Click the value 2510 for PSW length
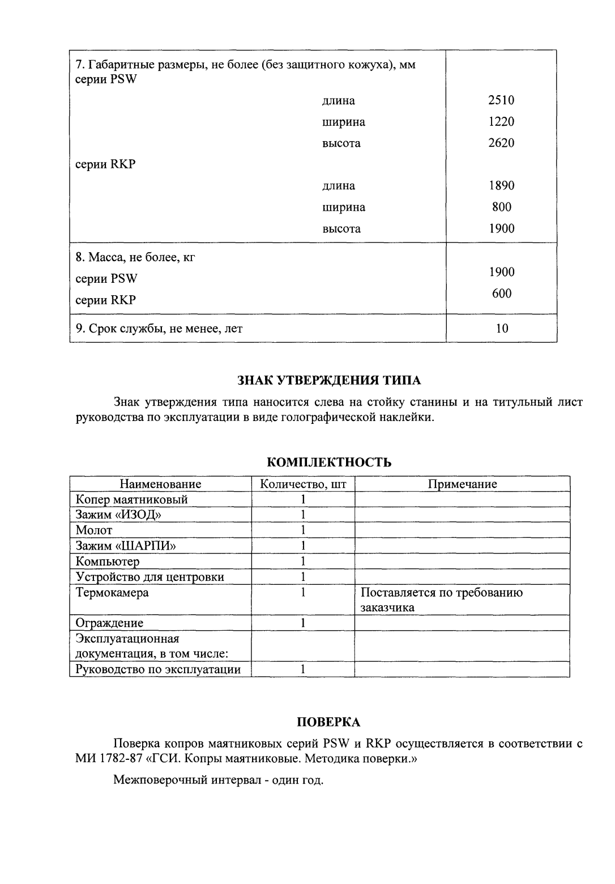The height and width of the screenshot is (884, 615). pos(501,100)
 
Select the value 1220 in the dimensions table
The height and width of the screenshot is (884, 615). pos(501,122)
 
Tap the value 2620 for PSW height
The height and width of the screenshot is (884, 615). pos(501,143)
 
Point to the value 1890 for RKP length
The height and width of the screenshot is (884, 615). pos(501,185)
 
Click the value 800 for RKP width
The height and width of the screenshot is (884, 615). pos(501,207)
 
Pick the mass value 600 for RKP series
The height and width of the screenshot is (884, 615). pos(501,293)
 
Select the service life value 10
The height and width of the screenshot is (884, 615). pos(501,328)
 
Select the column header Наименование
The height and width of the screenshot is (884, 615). pos(160,484)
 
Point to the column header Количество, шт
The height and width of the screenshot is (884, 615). pos(303,484)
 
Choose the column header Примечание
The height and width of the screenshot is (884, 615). pos(462,484)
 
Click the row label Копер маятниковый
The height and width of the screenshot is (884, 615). pos(132,499)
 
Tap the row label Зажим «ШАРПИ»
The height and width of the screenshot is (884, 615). pos(126,546)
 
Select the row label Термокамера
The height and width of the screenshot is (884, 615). pos(113,593)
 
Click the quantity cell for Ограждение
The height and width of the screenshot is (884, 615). pos(303,623)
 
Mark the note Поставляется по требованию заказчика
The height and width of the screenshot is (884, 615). pos(442,600)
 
